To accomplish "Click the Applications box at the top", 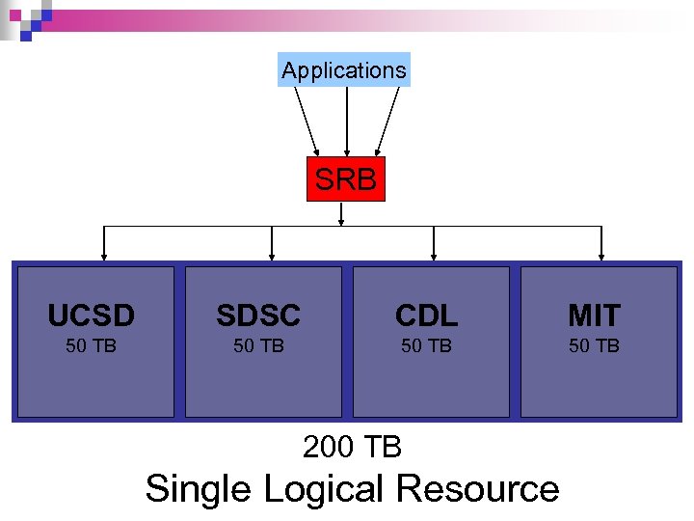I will coord(344,70).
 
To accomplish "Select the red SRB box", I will coord(345,178).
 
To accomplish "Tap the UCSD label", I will coord(92,315).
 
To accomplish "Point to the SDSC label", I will coord(258,315).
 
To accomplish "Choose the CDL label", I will coord(426,315).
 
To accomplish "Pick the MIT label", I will coord(594,315).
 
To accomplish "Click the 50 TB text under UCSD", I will coord(92,345).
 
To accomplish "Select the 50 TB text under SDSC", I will coord(258,345).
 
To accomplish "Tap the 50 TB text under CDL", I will coord(426,345).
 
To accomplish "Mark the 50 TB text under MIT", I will coord(594,345).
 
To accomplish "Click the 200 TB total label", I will coord(352,447).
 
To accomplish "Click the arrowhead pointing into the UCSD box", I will coord(104,257).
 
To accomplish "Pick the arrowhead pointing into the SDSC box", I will coord(272,257).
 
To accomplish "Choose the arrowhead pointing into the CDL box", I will coord(434,257).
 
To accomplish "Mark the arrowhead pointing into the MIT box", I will coord(601,257).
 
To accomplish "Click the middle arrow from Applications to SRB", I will coord(346,121).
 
